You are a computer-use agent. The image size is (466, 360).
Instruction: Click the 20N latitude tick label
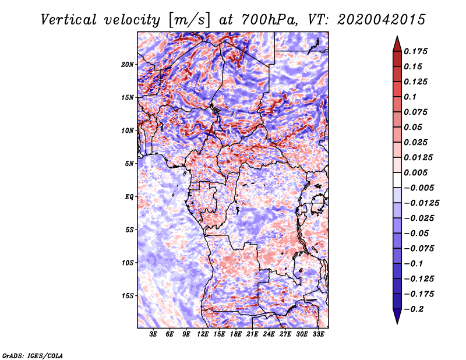(128, 65)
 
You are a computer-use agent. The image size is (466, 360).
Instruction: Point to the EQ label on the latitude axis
(129, 197)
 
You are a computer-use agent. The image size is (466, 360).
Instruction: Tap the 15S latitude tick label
(128, 296)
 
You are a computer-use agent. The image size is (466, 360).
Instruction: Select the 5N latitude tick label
(129, 164)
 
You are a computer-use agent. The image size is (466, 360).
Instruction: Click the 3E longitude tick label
(153, 334)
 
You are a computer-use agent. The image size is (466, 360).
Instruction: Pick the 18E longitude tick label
(236, 334)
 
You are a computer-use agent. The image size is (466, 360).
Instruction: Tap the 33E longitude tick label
(318, 334)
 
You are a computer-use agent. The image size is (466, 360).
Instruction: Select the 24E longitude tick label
(269, 334)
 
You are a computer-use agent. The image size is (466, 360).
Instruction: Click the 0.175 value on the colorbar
(415, 51)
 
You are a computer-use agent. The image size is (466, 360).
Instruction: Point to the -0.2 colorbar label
(414, 309)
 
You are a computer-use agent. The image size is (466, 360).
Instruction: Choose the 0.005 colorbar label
(415, 172)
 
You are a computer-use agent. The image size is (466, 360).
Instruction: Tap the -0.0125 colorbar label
(421, 203)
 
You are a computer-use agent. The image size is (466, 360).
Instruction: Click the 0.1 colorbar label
(410, 97)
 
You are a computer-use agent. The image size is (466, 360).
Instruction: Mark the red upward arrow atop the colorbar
(397, 44)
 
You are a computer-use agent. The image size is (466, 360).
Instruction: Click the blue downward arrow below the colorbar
(397, 316)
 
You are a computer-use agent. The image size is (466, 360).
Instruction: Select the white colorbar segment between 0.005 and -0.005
(397, 180)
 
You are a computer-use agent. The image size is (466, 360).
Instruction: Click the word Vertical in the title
(69, 20)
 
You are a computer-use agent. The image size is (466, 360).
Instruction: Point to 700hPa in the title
(269, 20)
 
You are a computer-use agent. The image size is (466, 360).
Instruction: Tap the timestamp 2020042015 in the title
(382, 20)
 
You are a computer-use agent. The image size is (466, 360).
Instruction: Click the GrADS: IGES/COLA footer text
(33, 355)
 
